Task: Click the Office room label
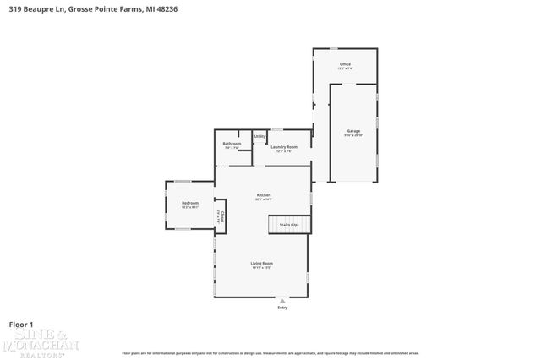345,63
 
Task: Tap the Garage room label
353,131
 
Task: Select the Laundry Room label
283,147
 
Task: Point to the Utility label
260,136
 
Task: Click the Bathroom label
232,144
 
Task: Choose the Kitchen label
264,194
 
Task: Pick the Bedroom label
190,203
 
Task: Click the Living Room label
261,264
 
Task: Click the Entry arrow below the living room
282,300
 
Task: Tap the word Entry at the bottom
282,308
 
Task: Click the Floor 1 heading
20,324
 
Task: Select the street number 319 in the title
14,8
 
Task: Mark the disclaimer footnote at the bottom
270,352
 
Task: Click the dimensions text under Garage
353,135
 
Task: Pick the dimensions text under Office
345,68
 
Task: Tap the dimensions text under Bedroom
190,207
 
